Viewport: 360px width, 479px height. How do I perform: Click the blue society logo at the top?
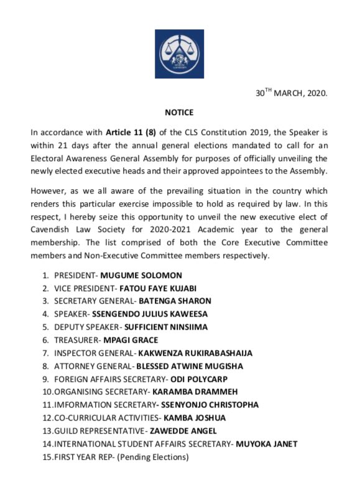coord(179,53)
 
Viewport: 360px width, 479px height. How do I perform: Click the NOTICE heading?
coord(179,113)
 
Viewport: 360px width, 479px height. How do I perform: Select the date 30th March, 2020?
coord(292,93)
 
